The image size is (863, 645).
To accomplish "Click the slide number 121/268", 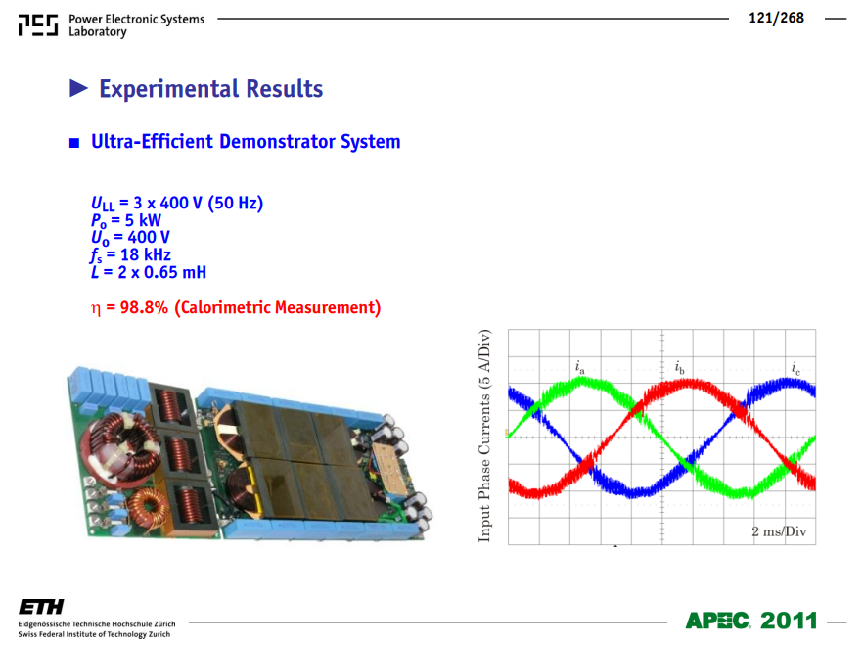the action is (776, 19).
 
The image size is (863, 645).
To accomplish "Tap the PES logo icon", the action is (38, 25).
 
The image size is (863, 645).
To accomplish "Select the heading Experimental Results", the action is (210, 89).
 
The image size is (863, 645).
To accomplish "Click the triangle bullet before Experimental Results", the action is (78, 88).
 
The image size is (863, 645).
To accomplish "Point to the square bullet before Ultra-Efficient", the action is (74, 143).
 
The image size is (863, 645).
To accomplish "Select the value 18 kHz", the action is (145, 254).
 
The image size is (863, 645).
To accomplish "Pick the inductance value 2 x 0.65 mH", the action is (161, 272).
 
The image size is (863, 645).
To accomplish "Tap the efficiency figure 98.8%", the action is (144, 307).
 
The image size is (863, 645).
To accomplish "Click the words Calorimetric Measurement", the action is (278, 307).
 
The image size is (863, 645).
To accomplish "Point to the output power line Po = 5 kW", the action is (126, 220).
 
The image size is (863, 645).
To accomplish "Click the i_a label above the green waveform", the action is (579, 367).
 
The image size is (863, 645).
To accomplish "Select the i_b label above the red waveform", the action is (680, 367).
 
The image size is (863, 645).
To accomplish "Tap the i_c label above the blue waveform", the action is (795, 368).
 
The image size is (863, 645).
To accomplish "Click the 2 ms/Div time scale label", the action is (779, 531).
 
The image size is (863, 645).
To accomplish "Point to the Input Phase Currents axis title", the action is (484, 436).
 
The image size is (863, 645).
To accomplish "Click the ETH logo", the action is (41, 607).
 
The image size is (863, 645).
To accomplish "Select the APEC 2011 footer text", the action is (751, 621).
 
